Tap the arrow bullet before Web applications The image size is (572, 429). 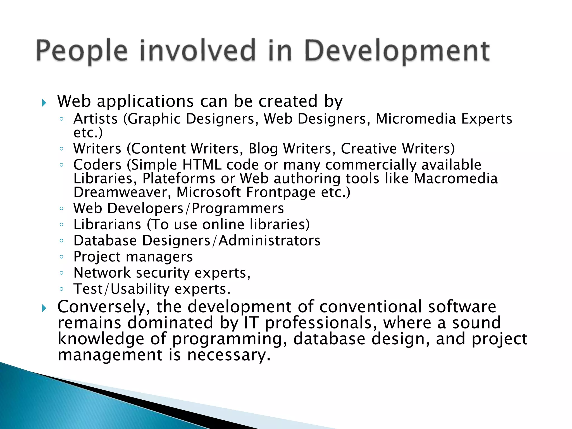point(44,103)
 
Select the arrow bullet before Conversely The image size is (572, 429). point(44,308)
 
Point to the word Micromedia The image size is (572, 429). point(416,119)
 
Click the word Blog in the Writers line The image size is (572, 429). point(263,149)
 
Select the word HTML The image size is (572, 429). point(202,165)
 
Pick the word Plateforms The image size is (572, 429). point(179,179)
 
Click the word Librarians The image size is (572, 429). point(107,225)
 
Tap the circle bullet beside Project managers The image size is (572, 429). point(62,257)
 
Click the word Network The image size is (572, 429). point(102,273)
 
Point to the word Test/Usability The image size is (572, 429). point(121,289)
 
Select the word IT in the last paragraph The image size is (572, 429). point(251,323)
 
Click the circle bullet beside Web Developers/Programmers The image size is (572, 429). point(62,208)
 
